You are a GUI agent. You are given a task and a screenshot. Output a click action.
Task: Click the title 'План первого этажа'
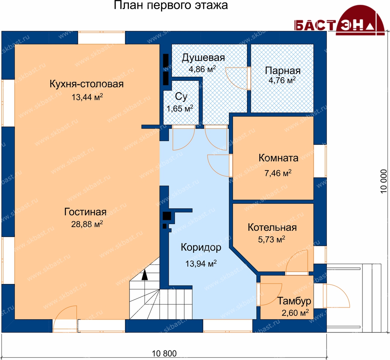tap(171, 5)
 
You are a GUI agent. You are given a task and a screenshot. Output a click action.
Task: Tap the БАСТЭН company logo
tap(339, 21)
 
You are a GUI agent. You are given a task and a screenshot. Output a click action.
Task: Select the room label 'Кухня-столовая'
tap(87, 84)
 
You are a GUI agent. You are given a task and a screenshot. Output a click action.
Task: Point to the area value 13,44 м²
tap(87, 97)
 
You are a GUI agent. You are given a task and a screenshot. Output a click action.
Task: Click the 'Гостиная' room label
tap(85, 212)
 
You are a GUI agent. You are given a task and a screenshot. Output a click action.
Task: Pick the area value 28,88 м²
tap(87, 224)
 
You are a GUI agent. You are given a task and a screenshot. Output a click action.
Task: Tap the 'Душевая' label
tap(204, 58)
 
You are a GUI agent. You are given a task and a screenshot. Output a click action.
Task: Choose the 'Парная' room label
tap(283, 71)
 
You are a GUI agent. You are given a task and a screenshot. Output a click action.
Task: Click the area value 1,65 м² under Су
tap(180, 108)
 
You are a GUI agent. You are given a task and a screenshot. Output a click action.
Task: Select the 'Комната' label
tap(278, 158)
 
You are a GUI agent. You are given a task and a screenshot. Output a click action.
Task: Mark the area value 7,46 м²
tap(278, 173)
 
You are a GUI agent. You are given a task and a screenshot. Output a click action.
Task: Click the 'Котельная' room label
tap(272, 227)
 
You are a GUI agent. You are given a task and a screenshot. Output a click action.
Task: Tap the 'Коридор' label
tap(201, 248)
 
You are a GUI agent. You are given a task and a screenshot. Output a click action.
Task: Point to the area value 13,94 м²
tap(201, 263)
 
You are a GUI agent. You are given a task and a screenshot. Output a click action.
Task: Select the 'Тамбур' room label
tap(294, 301)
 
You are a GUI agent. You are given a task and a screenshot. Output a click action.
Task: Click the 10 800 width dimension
tap(164, 353)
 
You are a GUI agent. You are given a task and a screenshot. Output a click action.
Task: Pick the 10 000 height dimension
tap(383, 181)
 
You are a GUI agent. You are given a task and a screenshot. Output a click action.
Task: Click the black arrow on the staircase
tap(144, 276)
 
